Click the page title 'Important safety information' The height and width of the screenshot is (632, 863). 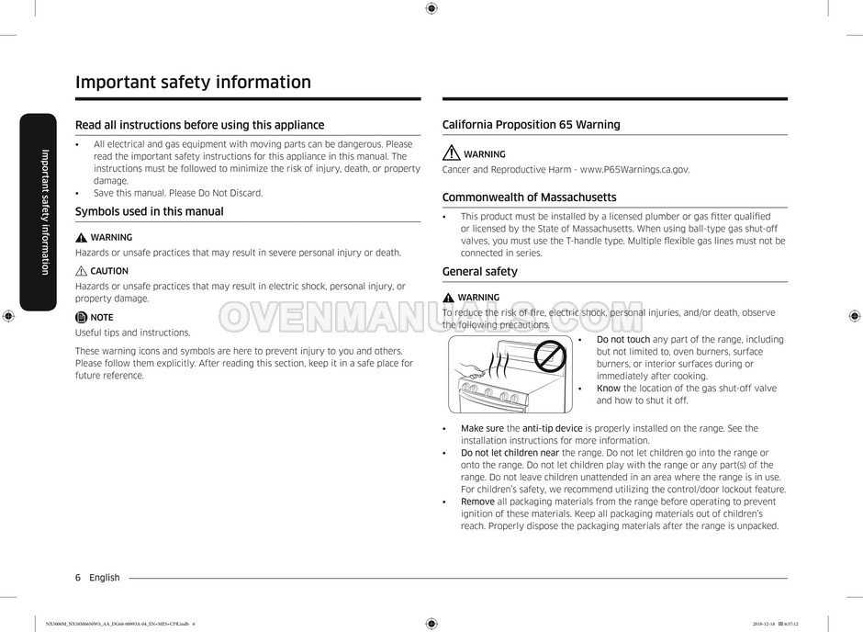[193, 82]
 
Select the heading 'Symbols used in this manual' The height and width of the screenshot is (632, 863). [149, 211]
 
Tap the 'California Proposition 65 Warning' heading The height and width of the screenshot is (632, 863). [531, 125]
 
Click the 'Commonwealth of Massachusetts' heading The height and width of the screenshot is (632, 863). [529, 197]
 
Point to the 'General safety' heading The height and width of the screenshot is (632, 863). [479, 272]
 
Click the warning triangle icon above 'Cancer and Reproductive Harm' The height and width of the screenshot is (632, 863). [451, 153]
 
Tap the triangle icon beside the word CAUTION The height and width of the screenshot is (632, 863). [81, 271]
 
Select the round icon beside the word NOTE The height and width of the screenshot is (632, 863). [81, 317]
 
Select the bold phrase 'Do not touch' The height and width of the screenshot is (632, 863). [622, 340]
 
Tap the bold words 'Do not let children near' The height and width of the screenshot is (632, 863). [510, 453]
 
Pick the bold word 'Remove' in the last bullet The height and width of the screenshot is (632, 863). [477, 502]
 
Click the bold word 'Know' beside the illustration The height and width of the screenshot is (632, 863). [608, 389]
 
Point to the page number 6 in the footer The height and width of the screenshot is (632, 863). [78, 578]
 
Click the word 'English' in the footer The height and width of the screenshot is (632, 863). [105, 578]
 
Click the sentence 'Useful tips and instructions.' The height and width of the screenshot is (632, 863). [132, 333]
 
